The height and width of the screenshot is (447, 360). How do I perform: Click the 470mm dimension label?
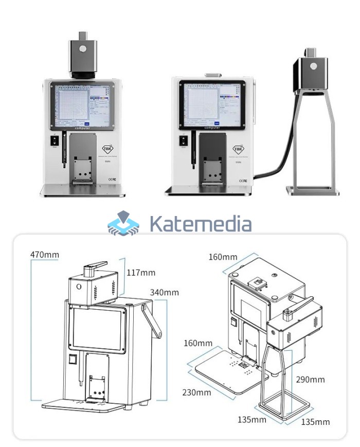(45, 254)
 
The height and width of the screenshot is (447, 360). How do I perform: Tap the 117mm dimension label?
(141, 272)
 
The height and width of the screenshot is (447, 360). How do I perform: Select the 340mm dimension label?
(165, 292)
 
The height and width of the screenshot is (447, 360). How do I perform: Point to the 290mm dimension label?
(310, 380)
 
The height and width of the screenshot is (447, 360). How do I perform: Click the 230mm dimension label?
(196, 392)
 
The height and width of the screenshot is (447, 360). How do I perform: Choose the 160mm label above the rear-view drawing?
(223, 256)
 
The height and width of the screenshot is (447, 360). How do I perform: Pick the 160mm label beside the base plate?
(197, 343)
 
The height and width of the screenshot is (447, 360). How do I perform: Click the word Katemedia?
(200, 224)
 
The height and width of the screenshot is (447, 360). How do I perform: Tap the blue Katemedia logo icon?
(123, 224)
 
